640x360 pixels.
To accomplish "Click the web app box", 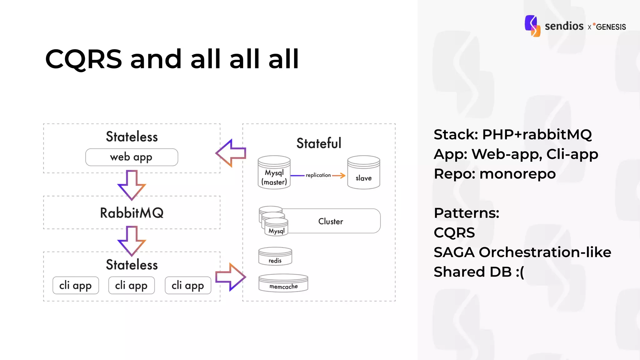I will [132, 157].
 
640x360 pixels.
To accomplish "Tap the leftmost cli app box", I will [76, 285].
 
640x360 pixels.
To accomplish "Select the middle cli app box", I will [132, 285].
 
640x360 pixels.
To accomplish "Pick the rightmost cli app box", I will [188, 285].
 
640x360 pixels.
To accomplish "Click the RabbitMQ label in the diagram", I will [132, 213].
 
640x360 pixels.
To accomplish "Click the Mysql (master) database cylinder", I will [274, 173].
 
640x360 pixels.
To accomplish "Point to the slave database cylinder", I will [364, 173].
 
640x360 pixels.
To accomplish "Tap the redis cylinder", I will [275, 257].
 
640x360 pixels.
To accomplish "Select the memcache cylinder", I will [283, 283].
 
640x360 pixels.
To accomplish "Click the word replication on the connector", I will [318, 175].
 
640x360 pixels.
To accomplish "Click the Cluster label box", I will [331, 221].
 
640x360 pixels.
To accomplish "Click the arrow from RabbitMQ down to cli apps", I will [132, 241].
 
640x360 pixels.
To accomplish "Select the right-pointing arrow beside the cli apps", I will [231, 277].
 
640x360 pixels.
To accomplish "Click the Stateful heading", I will [319, 143].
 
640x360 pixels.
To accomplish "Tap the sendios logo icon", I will [532, 26].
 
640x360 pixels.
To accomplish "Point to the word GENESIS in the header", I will [611, 27].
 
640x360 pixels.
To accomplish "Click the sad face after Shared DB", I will [520, 272].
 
